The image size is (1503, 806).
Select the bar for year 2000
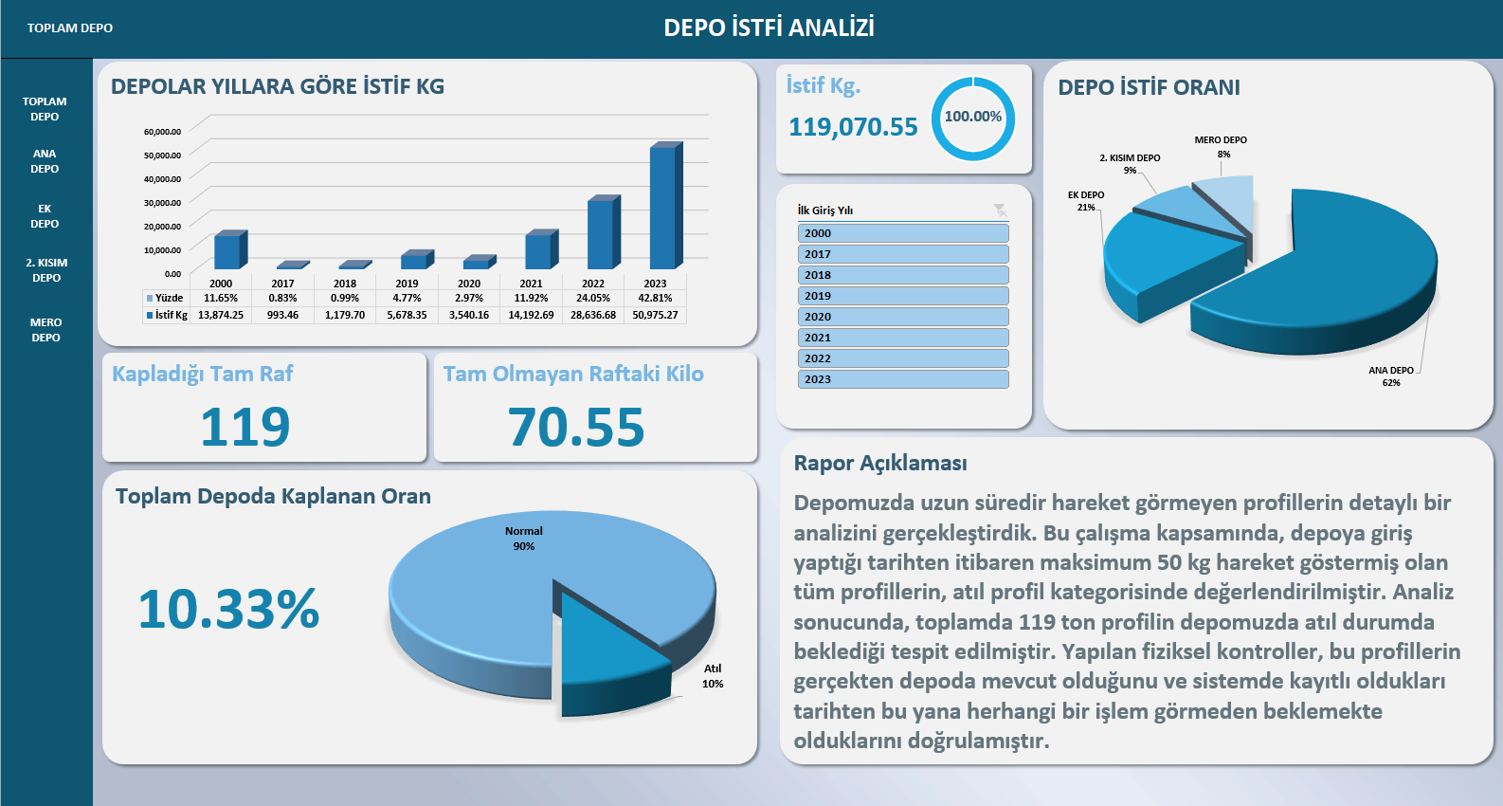227,250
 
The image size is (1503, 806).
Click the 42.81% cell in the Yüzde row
655,298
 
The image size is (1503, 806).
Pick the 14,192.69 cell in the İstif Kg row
531,315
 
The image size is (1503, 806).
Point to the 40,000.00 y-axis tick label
162,179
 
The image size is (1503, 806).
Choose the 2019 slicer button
902,296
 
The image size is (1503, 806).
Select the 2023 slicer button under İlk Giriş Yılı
902,379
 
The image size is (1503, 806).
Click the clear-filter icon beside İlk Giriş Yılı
1000,211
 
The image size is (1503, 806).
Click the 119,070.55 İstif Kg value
853,127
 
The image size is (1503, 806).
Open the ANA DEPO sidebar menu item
45,161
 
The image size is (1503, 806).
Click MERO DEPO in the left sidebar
45,330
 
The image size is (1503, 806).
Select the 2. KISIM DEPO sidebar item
46,270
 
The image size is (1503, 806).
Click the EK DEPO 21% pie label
1086,201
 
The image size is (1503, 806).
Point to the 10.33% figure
228,609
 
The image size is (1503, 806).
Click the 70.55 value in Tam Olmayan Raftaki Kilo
576,428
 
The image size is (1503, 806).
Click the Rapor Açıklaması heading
880,463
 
